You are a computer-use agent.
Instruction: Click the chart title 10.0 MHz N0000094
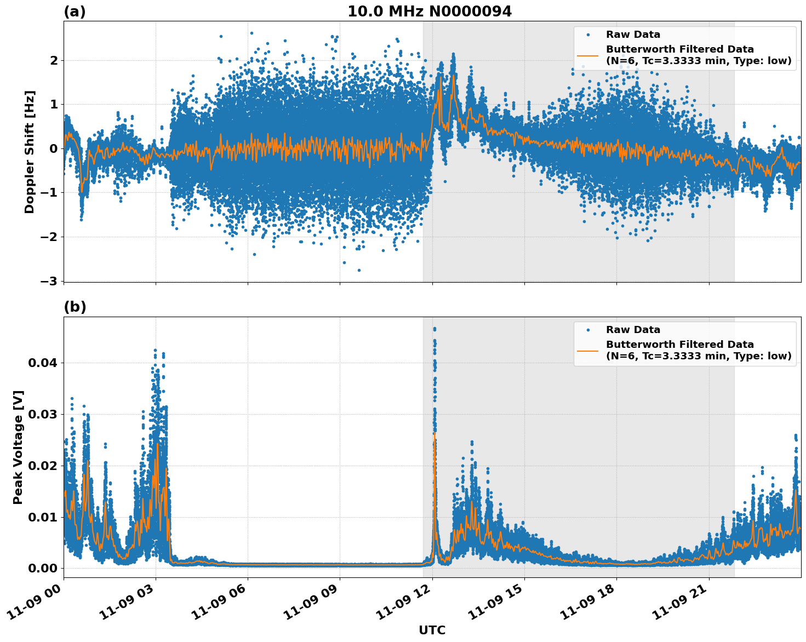coord(430,12)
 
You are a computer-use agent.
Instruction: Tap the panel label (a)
coord(75,12)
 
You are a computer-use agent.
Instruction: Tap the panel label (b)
coord(75,307)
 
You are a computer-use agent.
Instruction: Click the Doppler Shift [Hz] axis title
coord(30,152)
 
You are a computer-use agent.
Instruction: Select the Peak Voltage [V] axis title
coord(18,447)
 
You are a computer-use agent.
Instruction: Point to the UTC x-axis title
coord(432,630)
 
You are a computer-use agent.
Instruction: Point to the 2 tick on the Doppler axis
coord(54,60)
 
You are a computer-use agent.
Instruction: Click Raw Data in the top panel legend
coord(633,35)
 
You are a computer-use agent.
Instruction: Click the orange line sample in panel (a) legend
coord(587,55)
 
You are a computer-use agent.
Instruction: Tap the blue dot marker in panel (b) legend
coord(587,330)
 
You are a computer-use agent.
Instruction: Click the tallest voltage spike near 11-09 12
coord(435,329)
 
